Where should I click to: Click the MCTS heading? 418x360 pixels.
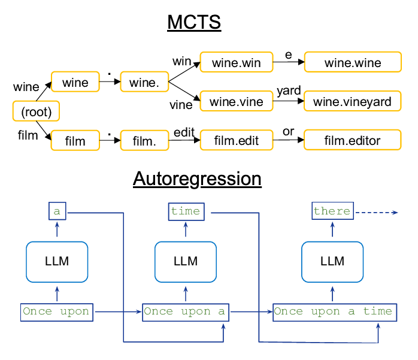193,23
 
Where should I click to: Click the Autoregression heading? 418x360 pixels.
197,179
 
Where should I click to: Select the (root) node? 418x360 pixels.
37,111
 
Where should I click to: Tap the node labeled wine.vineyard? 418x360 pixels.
352,102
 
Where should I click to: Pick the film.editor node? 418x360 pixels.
352,141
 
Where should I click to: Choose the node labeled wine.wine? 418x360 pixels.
352,62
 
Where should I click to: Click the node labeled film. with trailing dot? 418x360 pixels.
144,141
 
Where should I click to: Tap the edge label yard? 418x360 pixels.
289,92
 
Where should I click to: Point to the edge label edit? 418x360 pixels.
184,131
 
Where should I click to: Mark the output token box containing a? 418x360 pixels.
57,211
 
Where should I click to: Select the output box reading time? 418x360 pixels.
186,211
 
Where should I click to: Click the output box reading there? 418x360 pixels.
332,211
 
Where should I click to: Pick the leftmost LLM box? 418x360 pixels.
57,262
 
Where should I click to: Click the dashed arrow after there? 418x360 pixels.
375,211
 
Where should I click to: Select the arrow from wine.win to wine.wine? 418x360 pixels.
288,62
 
